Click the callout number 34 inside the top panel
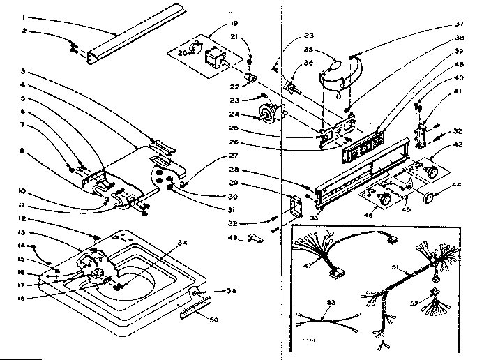(183, 243)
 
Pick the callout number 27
(234, 156)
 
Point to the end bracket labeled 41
(422, 133)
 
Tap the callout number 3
(22, 72)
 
